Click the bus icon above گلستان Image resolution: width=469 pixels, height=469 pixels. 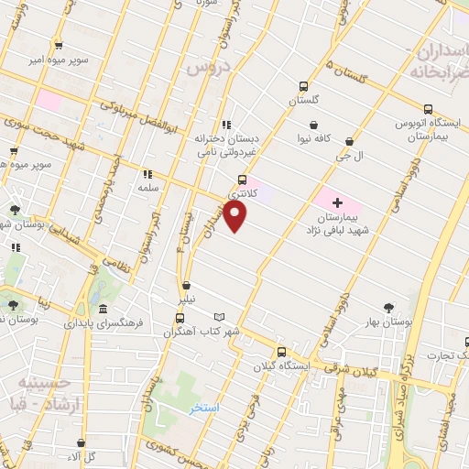pyautogui.click(x=302, y=87)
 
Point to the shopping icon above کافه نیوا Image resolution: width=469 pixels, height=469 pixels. pyautogui.click(x=314, y=125)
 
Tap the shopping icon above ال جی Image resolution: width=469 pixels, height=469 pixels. pyautogui.click(x=352, y=141)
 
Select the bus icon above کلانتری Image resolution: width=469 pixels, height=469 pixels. pyautogui.click(x=242, y=180)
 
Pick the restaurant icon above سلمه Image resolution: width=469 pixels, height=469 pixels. pyautogui.click(x=147, y=172)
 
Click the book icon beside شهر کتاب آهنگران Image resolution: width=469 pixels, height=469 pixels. pyautogui.click(x=219, y=316)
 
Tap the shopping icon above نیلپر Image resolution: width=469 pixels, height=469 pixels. pyautogui.click(x=187, y=285)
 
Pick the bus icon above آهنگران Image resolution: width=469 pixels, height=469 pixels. pyautogui.click(x=180, y=319)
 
